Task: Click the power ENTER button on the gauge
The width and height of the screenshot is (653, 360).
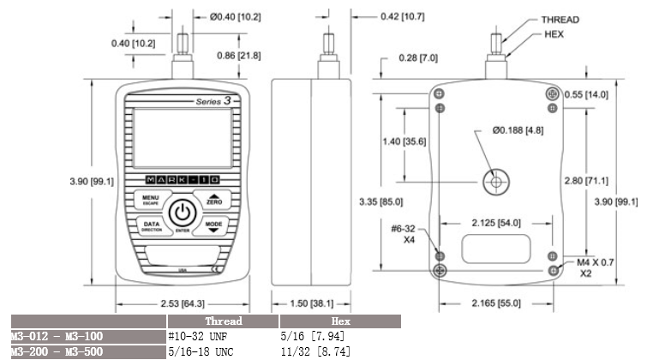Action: click(182, 213)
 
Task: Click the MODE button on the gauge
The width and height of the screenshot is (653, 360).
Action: click(213, 226)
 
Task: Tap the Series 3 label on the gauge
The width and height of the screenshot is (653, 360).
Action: click(213, 101)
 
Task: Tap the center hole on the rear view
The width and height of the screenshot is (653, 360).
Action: click(496, 181)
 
